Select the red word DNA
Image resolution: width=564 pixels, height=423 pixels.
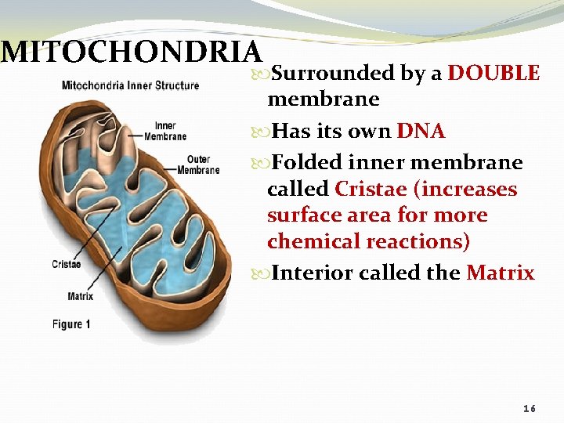click(x=421, y=131)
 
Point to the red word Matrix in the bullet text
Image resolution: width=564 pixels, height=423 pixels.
click(x=500, y=273)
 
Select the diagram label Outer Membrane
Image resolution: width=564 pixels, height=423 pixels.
click(x=198, y=165)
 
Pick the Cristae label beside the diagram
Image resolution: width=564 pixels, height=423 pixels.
click(x=66, y=264)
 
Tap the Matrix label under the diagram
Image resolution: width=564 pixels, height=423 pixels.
click(x=80, y=296)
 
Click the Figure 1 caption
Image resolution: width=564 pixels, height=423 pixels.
click(x=71, y=324)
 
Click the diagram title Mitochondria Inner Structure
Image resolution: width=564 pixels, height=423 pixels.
click(x=130, y=85)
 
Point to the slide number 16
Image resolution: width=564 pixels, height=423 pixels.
click(x=530, y=410)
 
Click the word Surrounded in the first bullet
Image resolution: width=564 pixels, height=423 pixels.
click(x=333, y=74)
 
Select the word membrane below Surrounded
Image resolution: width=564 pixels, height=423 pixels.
click(x=323, y=99)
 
